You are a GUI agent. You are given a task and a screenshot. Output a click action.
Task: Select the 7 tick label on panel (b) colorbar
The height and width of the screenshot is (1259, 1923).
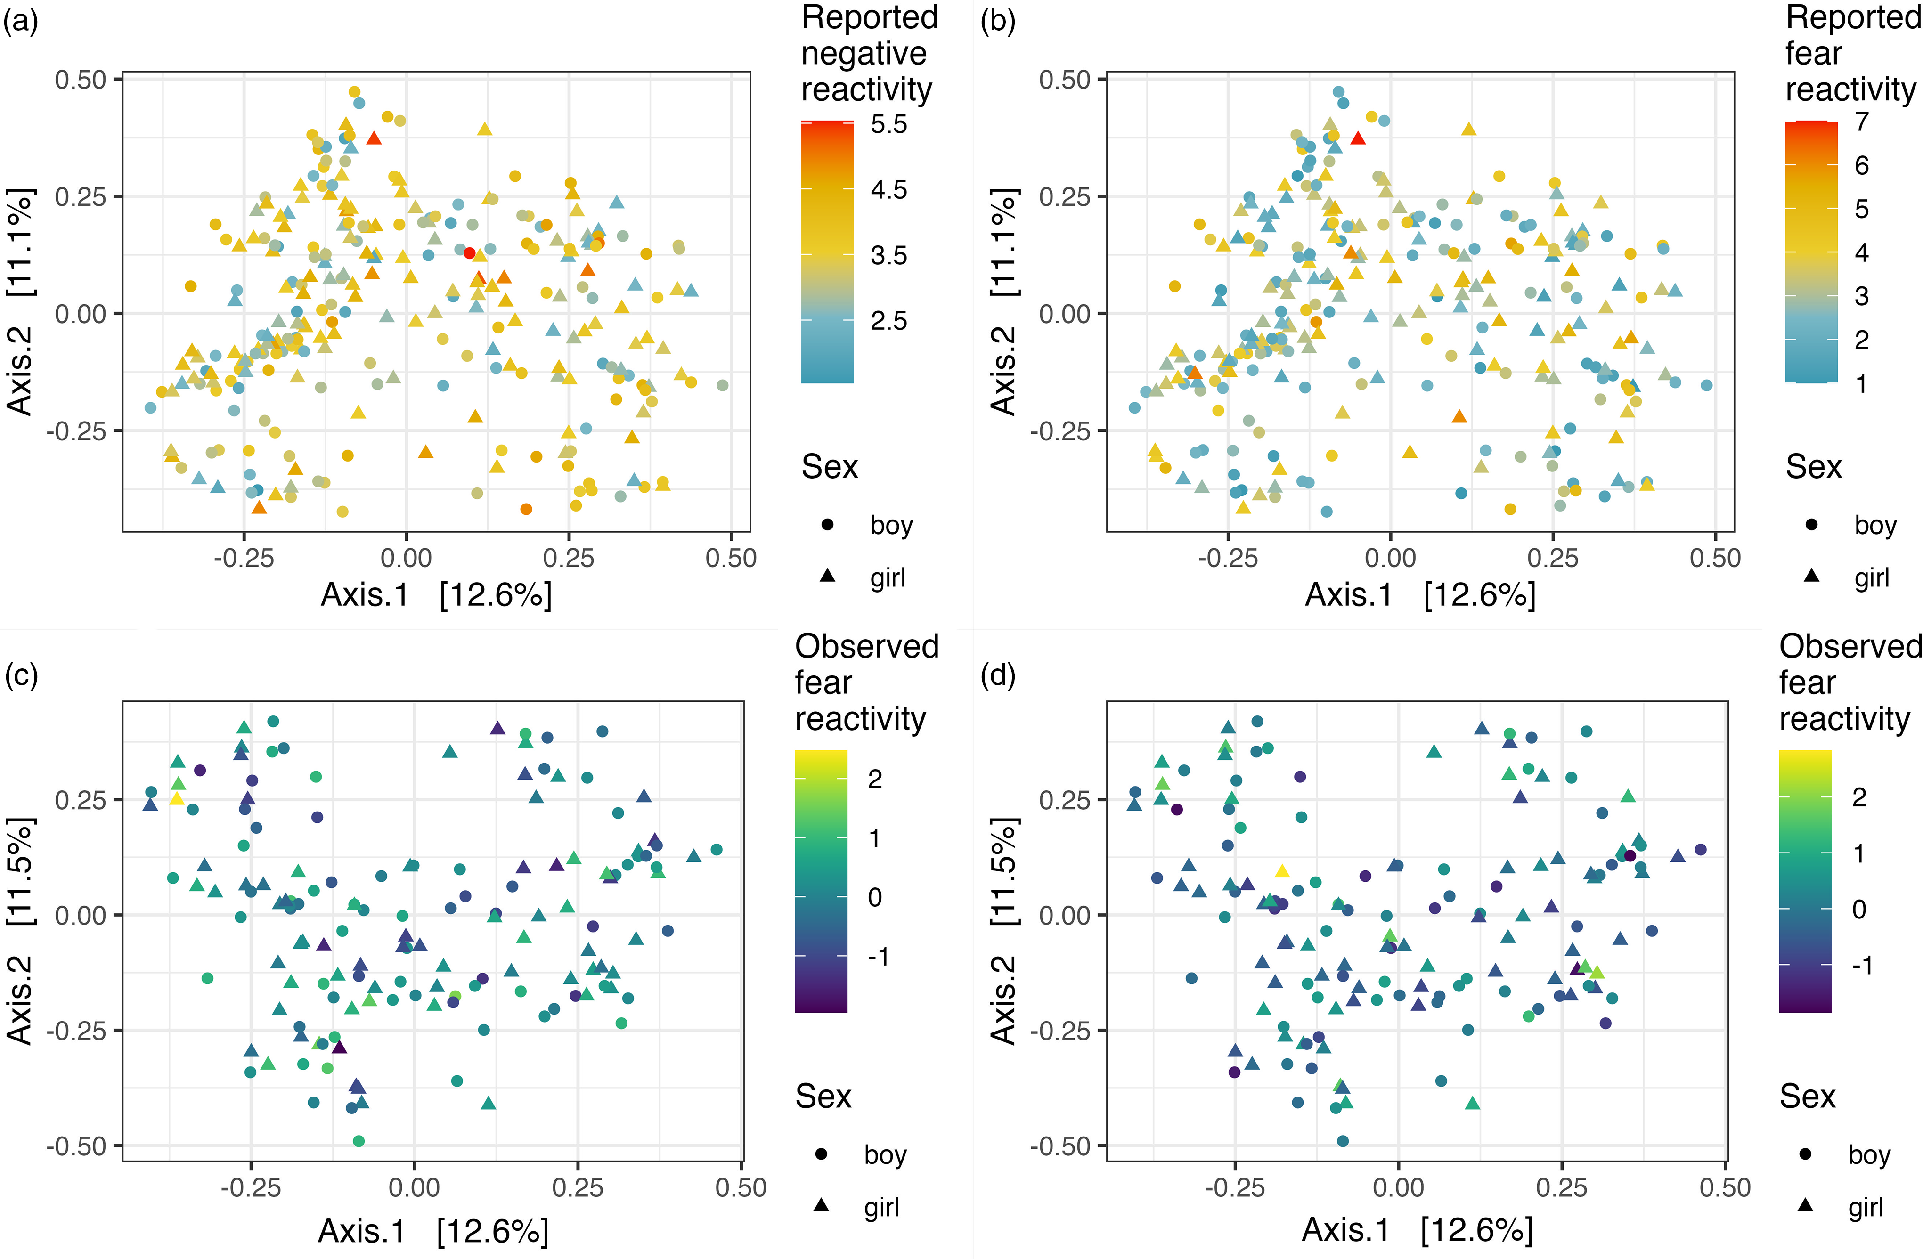coord(1862,122)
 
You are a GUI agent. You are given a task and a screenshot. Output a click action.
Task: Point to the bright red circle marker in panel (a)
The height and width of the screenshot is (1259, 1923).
coord(469,253)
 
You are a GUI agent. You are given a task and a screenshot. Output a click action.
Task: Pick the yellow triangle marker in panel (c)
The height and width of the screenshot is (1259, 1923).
coord(177,798)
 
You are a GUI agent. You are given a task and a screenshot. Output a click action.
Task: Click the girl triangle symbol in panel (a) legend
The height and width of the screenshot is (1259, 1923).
coord(827,576)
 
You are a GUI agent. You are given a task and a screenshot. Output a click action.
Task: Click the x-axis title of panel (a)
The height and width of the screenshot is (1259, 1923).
coord(436,595)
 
